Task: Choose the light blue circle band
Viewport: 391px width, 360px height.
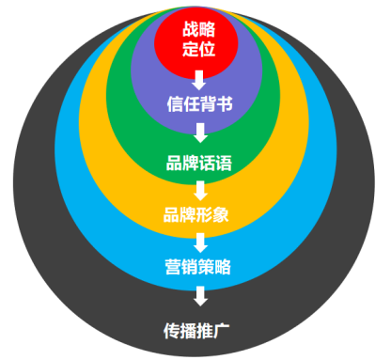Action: coord(75,235)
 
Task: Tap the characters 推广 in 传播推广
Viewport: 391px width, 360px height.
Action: coord(214,330)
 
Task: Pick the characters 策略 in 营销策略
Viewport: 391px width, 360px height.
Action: coord(214,267)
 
